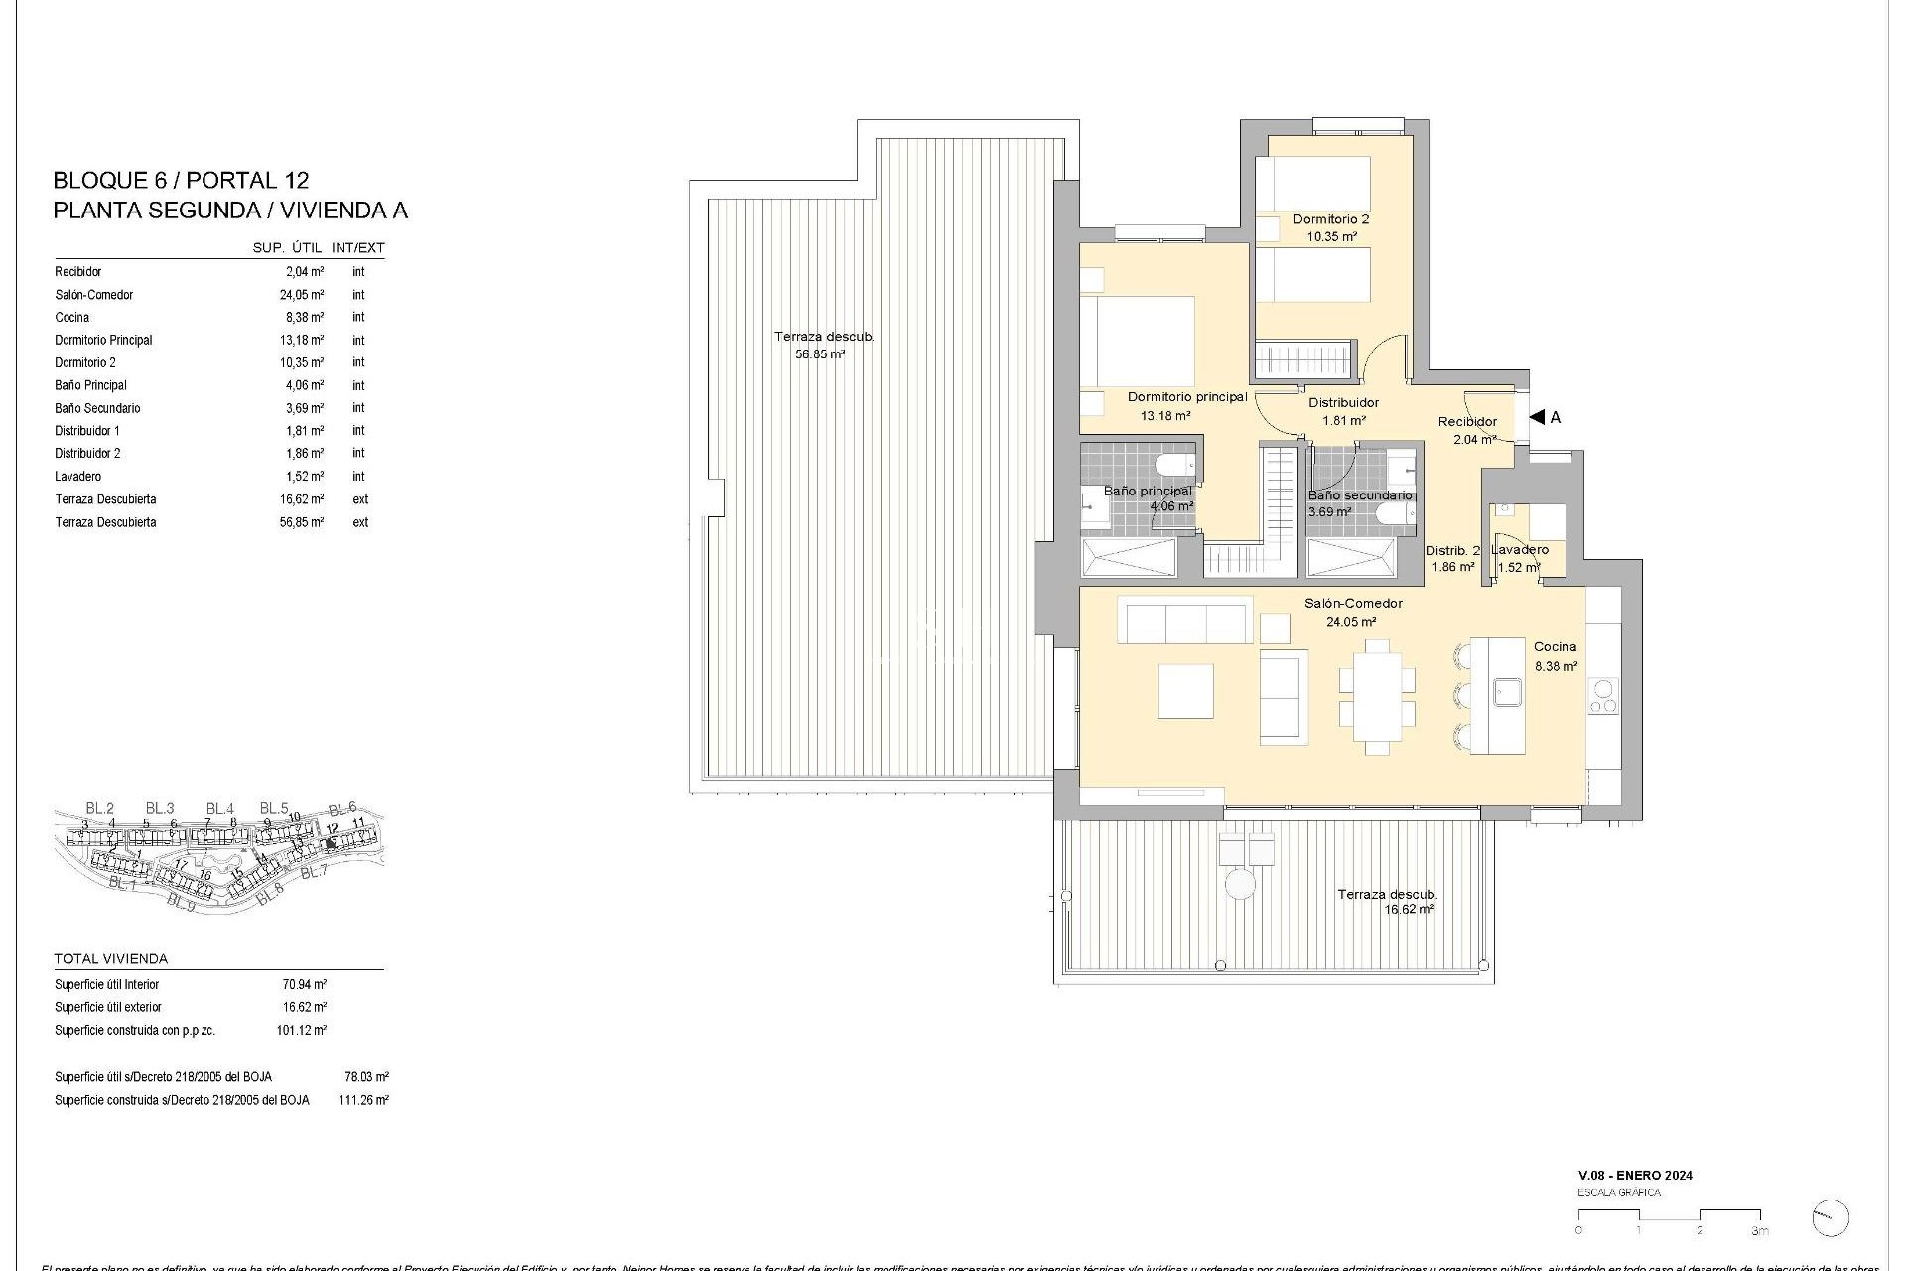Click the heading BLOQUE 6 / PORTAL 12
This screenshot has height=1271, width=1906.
(181, 181)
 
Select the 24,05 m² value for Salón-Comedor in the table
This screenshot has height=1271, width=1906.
(302, 295)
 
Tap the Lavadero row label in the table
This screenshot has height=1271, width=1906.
(78, 477)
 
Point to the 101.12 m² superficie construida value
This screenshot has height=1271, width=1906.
(301, 1031)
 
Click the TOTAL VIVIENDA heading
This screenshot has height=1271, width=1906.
(111, 959)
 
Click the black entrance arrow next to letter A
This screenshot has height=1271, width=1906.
(1536, 418)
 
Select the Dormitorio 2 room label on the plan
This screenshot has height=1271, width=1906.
(1330, 219)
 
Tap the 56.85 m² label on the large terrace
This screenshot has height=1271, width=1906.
(819, 354)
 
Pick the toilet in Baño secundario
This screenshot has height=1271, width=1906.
(1392, 512)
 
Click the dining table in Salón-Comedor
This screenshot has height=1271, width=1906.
(1376, 696)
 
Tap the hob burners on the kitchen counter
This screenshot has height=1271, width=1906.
(1602, 696)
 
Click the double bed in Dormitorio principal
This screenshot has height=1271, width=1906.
(1138, 343)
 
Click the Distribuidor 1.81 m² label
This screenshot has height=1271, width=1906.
(1343, 411)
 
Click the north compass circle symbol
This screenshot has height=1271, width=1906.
(1830, 1217)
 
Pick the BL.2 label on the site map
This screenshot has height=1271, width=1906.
(100, 808)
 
